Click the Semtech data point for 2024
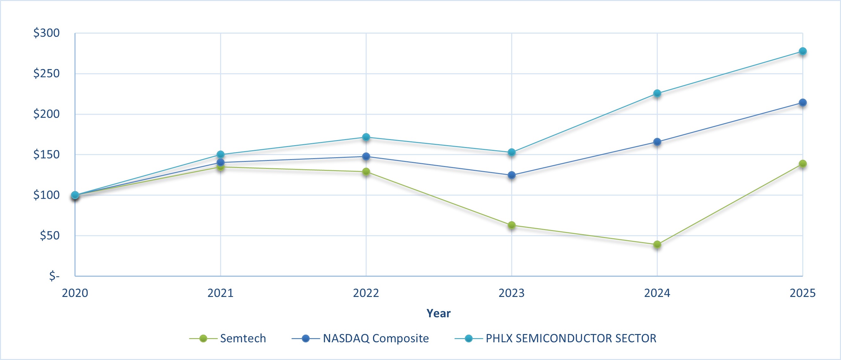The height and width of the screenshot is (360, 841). [x=657, y=244]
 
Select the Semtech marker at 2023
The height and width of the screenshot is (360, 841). [x=512, y=225]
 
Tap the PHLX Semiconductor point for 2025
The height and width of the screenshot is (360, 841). [x=803, y=51]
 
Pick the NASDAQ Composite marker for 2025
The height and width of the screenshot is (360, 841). [x=803, y=102]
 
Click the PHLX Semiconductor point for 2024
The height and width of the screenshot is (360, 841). [x=657, y=93]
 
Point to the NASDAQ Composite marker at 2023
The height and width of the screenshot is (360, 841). [x=512, y=175]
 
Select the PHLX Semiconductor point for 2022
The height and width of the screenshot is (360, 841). [x=366, y=137]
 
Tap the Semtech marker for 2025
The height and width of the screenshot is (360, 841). [x=803, y=164]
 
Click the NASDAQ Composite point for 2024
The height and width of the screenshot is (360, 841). [x=657, y=142]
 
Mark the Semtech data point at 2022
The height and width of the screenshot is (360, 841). [x=366, y=171]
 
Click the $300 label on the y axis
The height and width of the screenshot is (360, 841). [x=46, y=33]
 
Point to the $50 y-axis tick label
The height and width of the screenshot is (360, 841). [x=49, y=235]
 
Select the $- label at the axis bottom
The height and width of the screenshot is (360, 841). [x=54, y=276]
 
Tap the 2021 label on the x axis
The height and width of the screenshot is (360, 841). [x=220, y=293]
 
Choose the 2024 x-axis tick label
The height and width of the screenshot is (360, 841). [x=657, y=293]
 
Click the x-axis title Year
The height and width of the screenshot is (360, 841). [x=438, y=313]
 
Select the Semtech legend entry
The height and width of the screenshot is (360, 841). [x=243, y=338]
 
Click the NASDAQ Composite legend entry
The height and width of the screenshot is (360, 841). [x=375, y=338]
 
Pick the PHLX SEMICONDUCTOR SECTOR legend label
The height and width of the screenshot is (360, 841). [x=571, y=338]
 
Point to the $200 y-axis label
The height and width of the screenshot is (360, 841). [x=46, y=114]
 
